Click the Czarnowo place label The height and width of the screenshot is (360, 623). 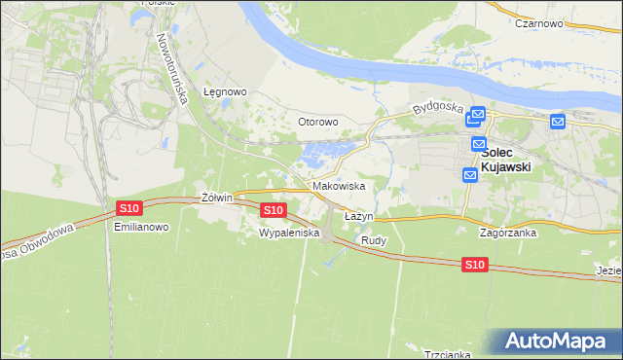[x=542, y=23]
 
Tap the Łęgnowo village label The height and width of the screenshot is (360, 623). [x=225, y=92]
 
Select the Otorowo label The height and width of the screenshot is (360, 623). [x=317, y=123]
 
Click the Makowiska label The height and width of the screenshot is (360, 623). [x=339, y=186]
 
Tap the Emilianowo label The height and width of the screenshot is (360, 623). [x=141, y=227]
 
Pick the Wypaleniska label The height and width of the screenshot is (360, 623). [x=289, y=234]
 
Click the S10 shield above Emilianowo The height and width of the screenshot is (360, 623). [x=129, y=207]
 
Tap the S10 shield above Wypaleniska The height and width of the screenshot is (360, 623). [x=274, y=209]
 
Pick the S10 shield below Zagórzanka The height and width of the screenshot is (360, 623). [x=474, y=264]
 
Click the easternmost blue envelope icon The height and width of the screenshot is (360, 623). [x=557, y=122]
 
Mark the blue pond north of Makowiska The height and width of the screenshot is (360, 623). [x=326, y=153]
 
